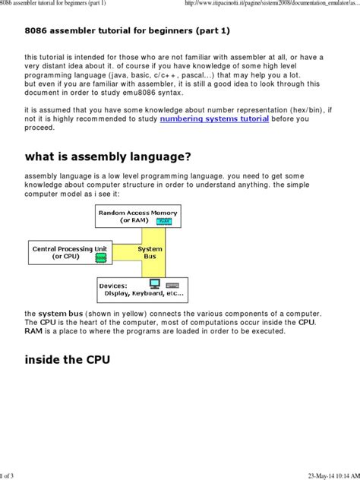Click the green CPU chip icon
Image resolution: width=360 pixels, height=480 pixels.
101,257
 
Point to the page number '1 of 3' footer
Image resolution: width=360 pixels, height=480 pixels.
9,475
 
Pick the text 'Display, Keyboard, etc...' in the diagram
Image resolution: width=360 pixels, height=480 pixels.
144,292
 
